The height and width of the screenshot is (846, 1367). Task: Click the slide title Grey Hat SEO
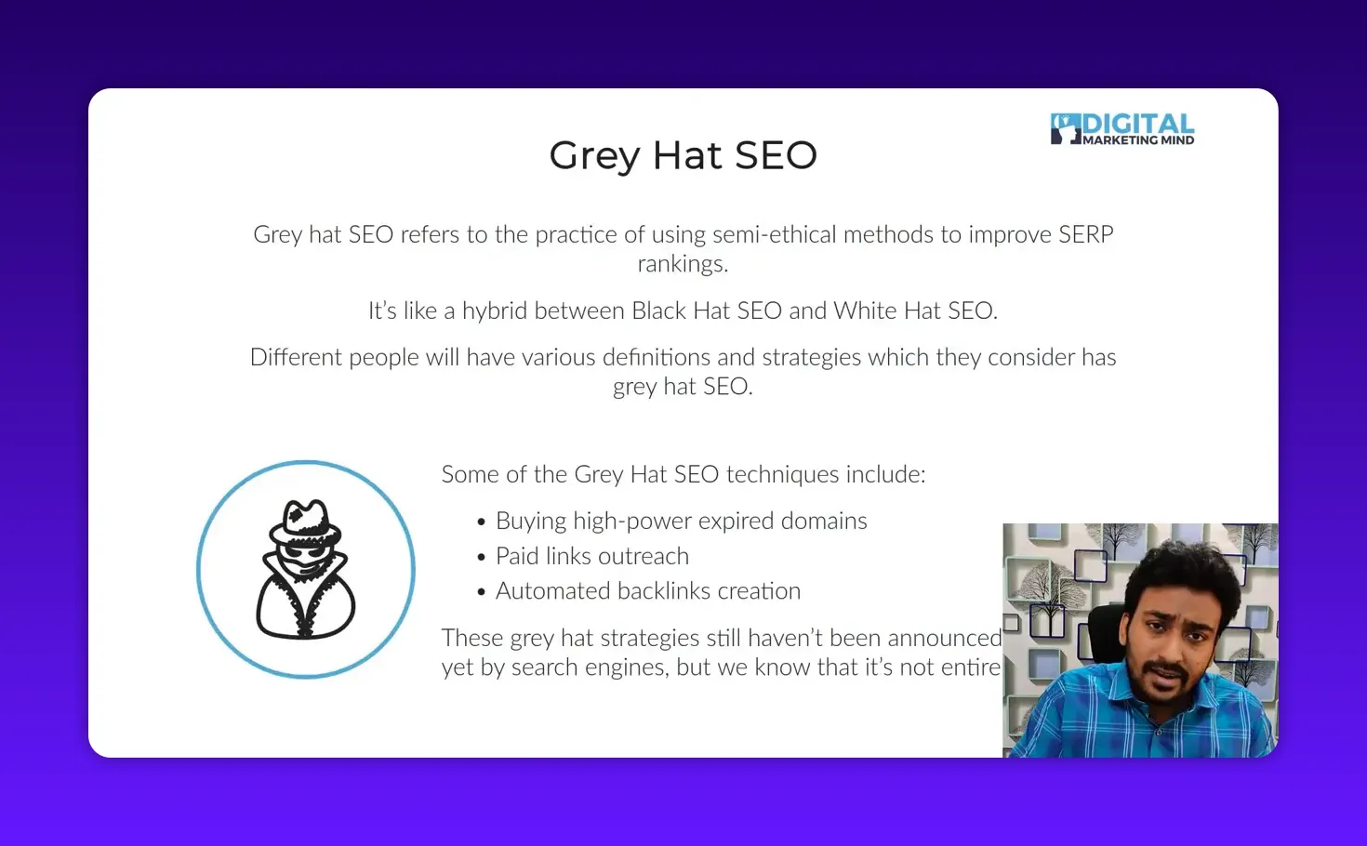tap(683, 155)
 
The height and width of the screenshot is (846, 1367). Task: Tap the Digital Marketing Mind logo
tap(1122, 129)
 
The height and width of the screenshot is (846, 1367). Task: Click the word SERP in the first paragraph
tap(1085, 234)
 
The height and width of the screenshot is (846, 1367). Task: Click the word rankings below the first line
tap(682, 264)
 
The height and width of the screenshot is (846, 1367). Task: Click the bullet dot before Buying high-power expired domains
tap(481, 522)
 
